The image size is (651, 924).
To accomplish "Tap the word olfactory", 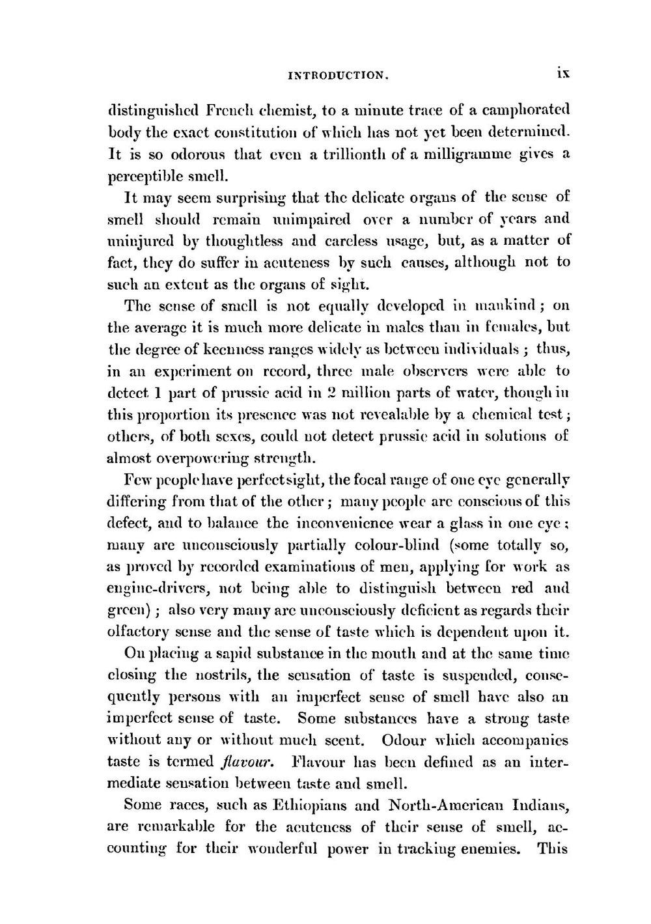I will pyautogui.click(x=138, y=632).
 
